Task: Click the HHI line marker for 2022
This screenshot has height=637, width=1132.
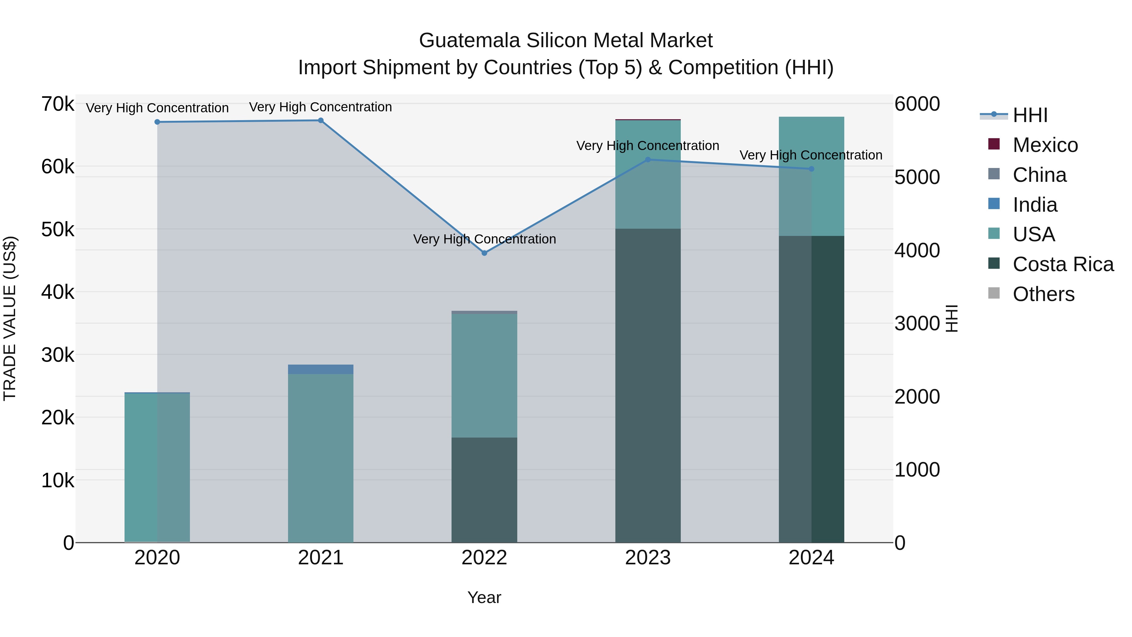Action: tap(484, 253)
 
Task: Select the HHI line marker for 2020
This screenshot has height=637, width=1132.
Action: tap(157, 122)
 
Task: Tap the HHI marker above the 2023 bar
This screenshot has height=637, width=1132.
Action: tap(648, 159)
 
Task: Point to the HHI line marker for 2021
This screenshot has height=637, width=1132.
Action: tap(321, 120)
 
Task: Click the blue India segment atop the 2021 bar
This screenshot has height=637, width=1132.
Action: tap(321, 369)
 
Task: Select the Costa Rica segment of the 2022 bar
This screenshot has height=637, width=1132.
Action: tap(484, 490)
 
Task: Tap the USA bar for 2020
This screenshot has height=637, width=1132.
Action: tap(157, 468)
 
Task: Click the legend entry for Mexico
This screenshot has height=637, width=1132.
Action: tap(1045, 145)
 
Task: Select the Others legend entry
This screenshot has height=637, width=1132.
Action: tap(1043, 294)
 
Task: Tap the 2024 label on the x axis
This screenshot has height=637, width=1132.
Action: tap(811, 558)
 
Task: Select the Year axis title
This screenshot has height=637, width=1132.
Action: tap(484, 597)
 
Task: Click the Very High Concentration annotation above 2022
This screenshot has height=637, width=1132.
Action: tap(484, 239)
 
